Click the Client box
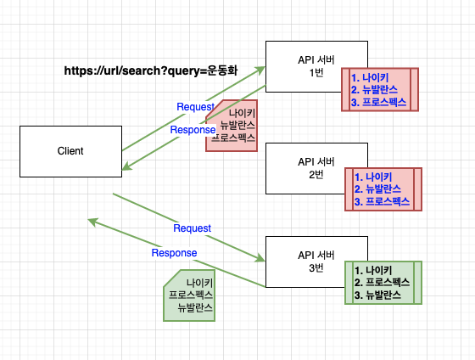(70, 151)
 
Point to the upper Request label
(195, 106)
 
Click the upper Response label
(193, 130)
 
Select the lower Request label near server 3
(192, 228)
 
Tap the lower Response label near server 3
(174, 253)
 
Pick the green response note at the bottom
(190, 295)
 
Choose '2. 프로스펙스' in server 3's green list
(383, 282)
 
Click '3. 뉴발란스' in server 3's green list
(377, 295)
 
